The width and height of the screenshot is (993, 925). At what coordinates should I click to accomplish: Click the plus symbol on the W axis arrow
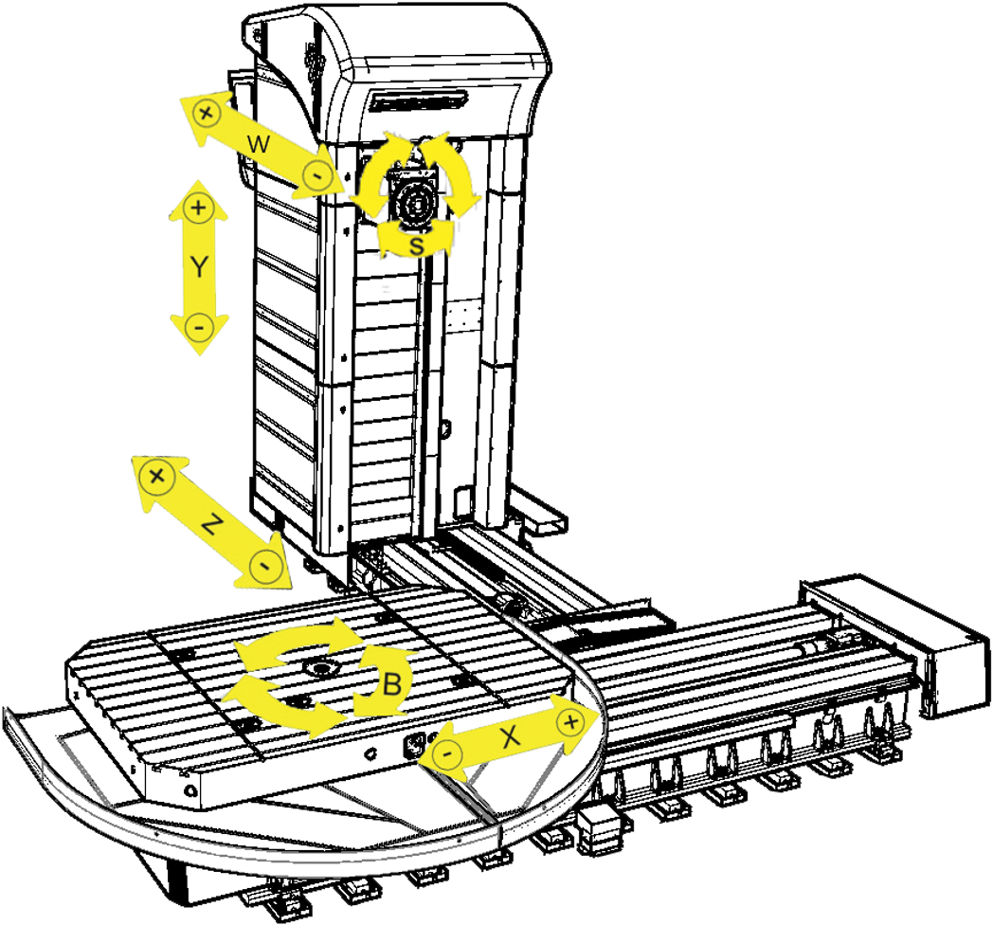pyautogui.click(x=206, y=114)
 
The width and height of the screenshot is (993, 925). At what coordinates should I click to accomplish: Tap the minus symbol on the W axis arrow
pyautogui.click(x=316, y=174)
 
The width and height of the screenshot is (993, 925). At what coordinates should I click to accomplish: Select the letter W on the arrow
pyautogui.click(x=259, y=144)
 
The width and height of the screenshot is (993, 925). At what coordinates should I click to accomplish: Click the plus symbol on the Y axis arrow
pyautogui.click(x=199, y=208)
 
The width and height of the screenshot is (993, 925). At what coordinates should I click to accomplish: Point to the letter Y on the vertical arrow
pyautogui.click(x=199, y=266)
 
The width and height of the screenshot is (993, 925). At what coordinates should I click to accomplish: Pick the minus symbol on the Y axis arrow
pyautogui.click(x=199, y=328)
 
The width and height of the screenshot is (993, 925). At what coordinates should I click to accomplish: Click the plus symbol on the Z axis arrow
pyautogui.click(x=157, y=476)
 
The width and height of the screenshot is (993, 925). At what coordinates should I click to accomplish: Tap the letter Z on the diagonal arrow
pyautogui.click(x=213, y=523)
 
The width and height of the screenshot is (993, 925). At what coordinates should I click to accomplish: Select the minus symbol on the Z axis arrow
pyautogui.click(x=265, y=565)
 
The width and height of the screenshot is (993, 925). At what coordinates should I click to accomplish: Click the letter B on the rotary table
pyautogui.click(x=392, y=683)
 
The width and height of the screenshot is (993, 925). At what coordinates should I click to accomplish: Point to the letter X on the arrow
pyautogui.click(x=510, y=736)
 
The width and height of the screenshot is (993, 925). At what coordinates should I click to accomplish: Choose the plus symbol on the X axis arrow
pyautogui.click(x=570, y=721)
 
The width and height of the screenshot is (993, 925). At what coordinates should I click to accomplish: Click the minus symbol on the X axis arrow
pyautogui.click(x=448, y=754)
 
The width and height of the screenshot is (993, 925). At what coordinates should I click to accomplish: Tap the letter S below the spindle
pyautogui.click(x=416, y=245)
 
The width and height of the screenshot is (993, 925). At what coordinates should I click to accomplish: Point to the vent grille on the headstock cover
pyautogui.click(x=419, y=100)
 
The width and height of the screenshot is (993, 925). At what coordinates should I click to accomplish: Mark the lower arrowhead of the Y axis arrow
pyautogui.click(x=199, y=335)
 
